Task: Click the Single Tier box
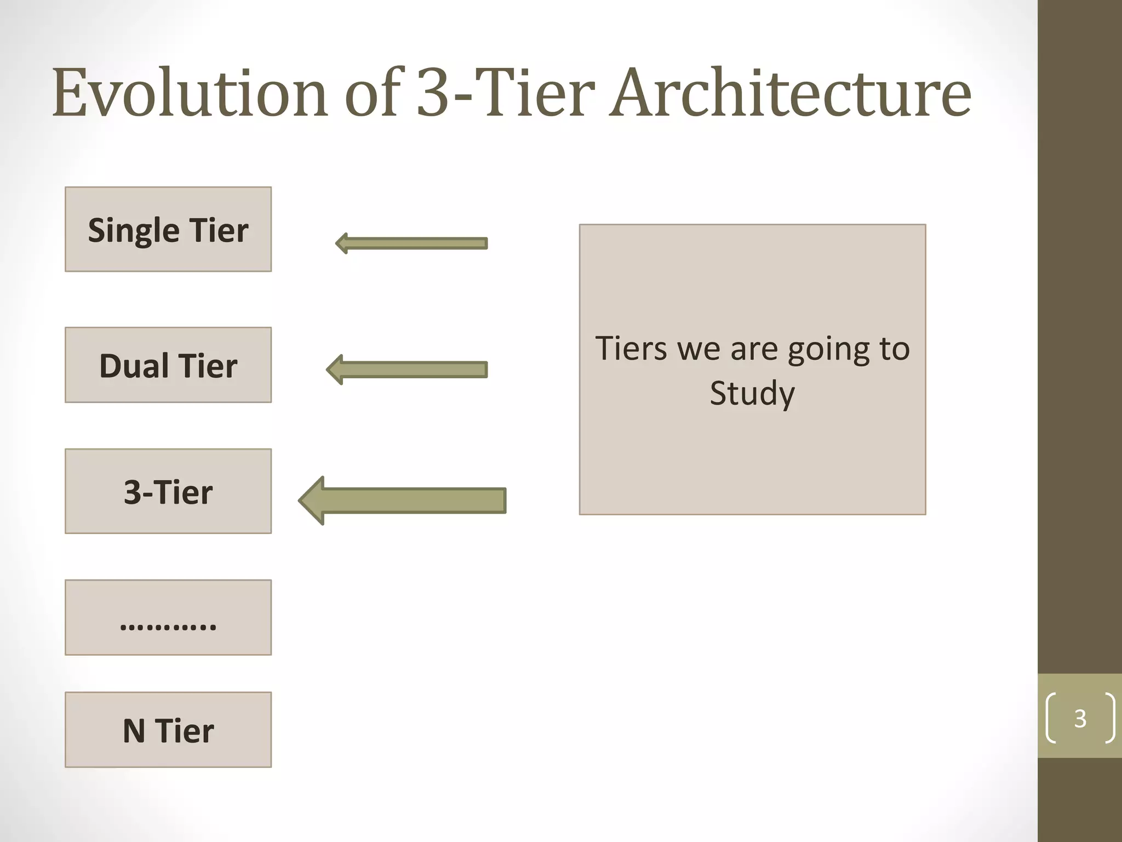[x=168, y=229]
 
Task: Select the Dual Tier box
[x=168, y=365]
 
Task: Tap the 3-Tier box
[x=168, y=491]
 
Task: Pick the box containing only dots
[x=168, y=617]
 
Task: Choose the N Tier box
[x=168, y=730]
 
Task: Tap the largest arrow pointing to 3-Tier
[x=403, y=500]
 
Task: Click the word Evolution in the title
[x=190, y=93]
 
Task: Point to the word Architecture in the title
[x=790, y=93]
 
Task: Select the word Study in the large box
[x=752, y=394]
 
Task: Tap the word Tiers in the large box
[x=631, y=349]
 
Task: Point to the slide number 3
[x=1080, y=718]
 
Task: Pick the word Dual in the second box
[x=134, y=366]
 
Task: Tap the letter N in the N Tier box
[x=134, y=731]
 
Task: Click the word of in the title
[x=372, y=93]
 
